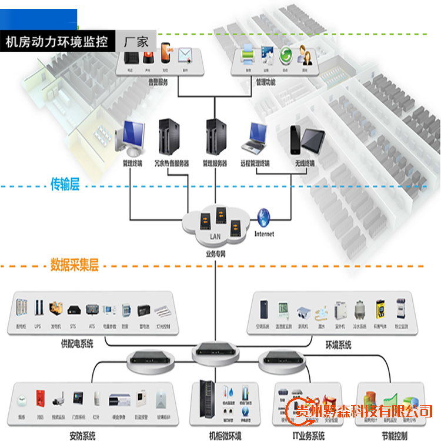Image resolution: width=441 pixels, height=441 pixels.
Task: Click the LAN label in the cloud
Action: pyautogui.click(x=216, y=236)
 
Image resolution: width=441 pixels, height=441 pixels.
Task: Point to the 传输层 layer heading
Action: pyautogui.click(x=64, y=185)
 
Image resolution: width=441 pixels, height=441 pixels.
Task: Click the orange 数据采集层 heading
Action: pyautogui.click(x=73, y=263)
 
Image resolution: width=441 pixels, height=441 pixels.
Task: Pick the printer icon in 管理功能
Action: pyautogui.click(x=248, y=57)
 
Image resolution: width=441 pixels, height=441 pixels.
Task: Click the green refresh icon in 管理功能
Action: pyautogui.click(x=286, y=56)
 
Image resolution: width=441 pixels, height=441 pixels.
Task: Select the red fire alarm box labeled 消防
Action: pyautogui.click(x=40, y=398)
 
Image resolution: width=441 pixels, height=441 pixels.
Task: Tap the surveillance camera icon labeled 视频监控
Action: pyautogui.click(x=59, y=400)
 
